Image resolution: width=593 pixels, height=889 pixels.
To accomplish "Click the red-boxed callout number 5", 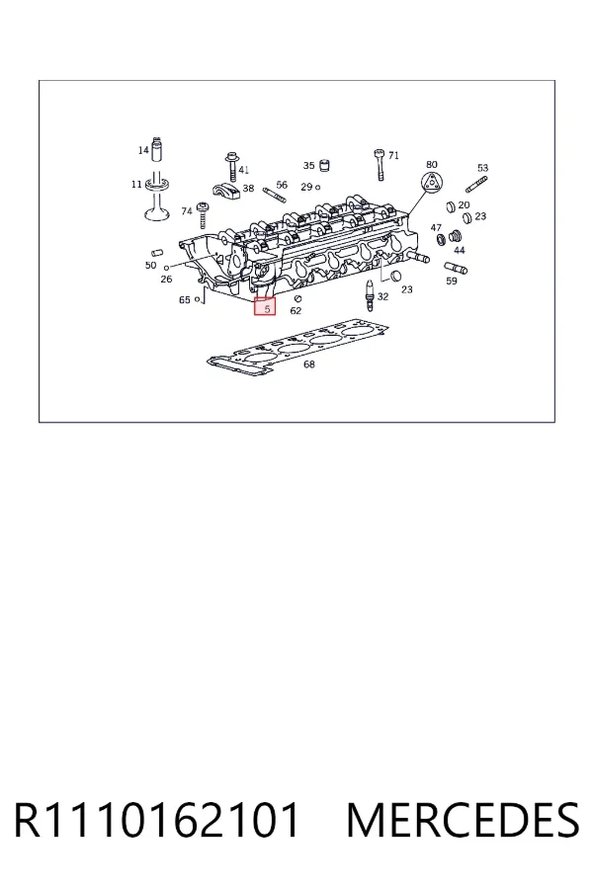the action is pyautogui.click(x=267, y=309).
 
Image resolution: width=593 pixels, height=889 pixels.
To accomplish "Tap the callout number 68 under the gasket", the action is pyautogui.click(x=308, y=364).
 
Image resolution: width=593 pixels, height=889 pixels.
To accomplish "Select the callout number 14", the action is pyautogui.click(x=143, y=150).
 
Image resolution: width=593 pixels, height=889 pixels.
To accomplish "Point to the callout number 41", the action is pyautogui.click(x=243, y=170).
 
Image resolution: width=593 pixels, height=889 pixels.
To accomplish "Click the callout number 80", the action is pyautogui.click(x=431, y=164).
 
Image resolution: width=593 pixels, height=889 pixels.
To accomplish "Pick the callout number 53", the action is pyautogui.click(x=482, y=168).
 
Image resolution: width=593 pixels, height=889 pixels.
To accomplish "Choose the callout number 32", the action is pyautogui.click(x=383, y=296).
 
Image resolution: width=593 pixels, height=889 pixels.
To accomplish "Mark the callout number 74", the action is pyautogui.click(x=187, y=211).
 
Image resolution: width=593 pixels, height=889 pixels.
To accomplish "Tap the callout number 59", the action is pyautogui.click(x=451, y=281).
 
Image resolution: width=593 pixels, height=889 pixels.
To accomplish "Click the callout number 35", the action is pyautogui.click(x=308, y=166).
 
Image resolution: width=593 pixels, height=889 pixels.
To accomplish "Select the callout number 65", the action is pyautogui.click(x=185, y=299).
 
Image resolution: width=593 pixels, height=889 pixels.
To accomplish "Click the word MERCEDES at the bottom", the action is pyautogui.click(x=463, y=820).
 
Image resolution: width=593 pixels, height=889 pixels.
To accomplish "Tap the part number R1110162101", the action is pyautogui.click(x=156, y=820).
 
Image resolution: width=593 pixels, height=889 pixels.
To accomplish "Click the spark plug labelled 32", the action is pyautogui.click(x=370, y=296).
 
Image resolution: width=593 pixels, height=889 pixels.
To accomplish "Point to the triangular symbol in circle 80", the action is pyautogui.click(x=431, y=183).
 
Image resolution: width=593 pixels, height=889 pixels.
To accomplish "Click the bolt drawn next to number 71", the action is pyautogui.click(x=380, y=164).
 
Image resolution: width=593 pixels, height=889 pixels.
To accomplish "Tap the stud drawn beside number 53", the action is pyautogui.click(x=476, y=185).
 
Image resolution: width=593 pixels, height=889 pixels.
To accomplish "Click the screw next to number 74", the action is pyautogui.click(x=202, y=215).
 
